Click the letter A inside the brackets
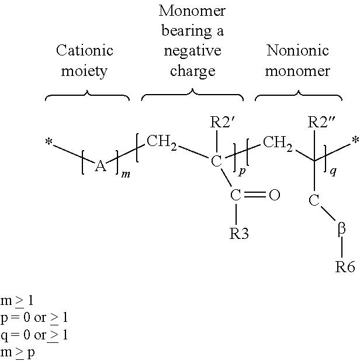click(x=101, y=166)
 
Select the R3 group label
click(x=239, y=234)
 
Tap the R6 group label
click(x=345, y=266)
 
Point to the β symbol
click(x=341, y=230)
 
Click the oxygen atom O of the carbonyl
click(x=274, y=195)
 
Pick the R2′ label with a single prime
click(x=222, y=122)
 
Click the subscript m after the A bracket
click(x=126, y=175)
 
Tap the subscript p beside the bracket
click(x=241, y=172)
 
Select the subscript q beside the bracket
click(x=333, y=172)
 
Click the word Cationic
click(x=85, y=50)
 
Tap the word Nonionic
click(x=297, y=50)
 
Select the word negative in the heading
click(x=192, y=51)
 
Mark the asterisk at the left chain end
click(x=49, y=142)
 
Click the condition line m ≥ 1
click(x=17, y=301)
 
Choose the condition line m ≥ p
click(x=18, y=352)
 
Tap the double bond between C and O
click(x=255, y=195)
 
